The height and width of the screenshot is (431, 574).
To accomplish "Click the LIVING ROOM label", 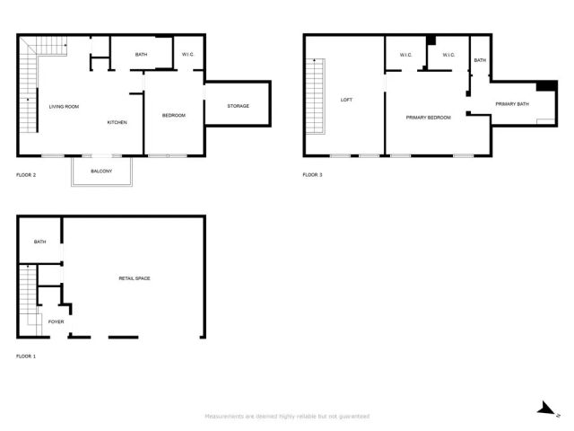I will (x=64, y=107).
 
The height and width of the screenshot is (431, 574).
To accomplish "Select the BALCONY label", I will (x=101, y=171).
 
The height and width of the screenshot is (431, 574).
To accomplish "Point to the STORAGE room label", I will (x=238, y=106).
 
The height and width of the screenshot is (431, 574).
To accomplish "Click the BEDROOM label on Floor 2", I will (x=173, y=116).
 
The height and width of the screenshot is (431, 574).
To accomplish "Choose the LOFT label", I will (x=347, y=100).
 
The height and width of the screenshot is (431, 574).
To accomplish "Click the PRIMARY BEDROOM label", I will (x=428, y=118).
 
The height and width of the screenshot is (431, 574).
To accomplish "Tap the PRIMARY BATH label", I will (x=512, y=104).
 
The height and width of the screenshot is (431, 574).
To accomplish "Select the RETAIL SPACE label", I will (x=135, y=278).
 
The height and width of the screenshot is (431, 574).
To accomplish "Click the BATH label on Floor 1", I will (x=39, y=242).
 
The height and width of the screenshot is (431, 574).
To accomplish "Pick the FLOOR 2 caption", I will (x=26, y=174).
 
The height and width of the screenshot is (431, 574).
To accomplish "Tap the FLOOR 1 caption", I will (x=26, y=356).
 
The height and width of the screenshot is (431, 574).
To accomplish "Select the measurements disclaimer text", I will (x=287, y=416).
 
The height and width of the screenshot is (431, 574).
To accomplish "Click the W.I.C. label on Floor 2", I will (x=188, y=55).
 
